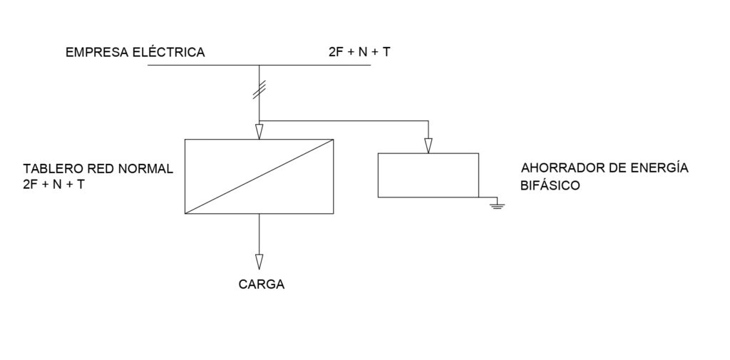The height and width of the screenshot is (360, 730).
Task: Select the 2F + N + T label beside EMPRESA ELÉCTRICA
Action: coord(359,52)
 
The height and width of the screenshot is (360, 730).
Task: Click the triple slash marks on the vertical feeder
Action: coord(259,89)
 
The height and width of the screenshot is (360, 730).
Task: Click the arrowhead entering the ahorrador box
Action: coord(428,145)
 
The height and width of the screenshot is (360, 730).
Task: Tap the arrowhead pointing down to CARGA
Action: coord(259,262)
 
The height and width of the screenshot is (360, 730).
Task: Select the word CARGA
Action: coord(261,284)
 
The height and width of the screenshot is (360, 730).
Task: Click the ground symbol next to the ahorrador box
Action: coord(497,204)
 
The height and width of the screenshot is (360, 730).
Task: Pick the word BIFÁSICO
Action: coord(550,185)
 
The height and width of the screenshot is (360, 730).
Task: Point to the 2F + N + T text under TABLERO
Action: coord(54,185)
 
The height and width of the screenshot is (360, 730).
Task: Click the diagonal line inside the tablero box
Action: coord(259,177)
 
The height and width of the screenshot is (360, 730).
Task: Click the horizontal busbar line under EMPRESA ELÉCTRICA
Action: coord(259,65)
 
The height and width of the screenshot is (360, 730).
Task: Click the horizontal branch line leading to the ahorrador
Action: coord(344,121)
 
